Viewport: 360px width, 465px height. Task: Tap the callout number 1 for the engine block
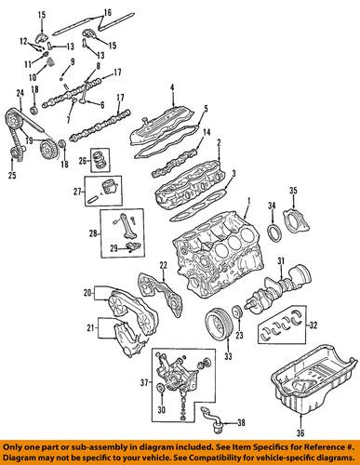247,201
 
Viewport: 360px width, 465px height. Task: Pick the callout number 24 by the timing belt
20,92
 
